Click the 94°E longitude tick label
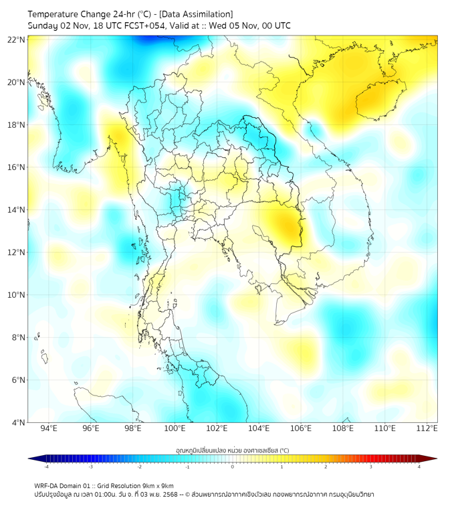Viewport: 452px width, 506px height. [49, 428]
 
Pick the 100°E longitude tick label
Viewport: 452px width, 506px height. [175, 428]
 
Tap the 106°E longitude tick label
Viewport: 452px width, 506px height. [301, 428]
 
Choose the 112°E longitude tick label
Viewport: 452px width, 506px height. [427, 428]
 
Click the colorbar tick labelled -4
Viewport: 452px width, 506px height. [46, 467]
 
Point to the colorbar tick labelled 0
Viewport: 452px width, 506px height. [233, 467]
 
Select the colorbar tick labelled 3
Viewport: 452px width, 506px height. [372, 467]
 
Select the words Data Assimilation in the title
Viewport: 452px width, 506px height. [198, 13]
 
